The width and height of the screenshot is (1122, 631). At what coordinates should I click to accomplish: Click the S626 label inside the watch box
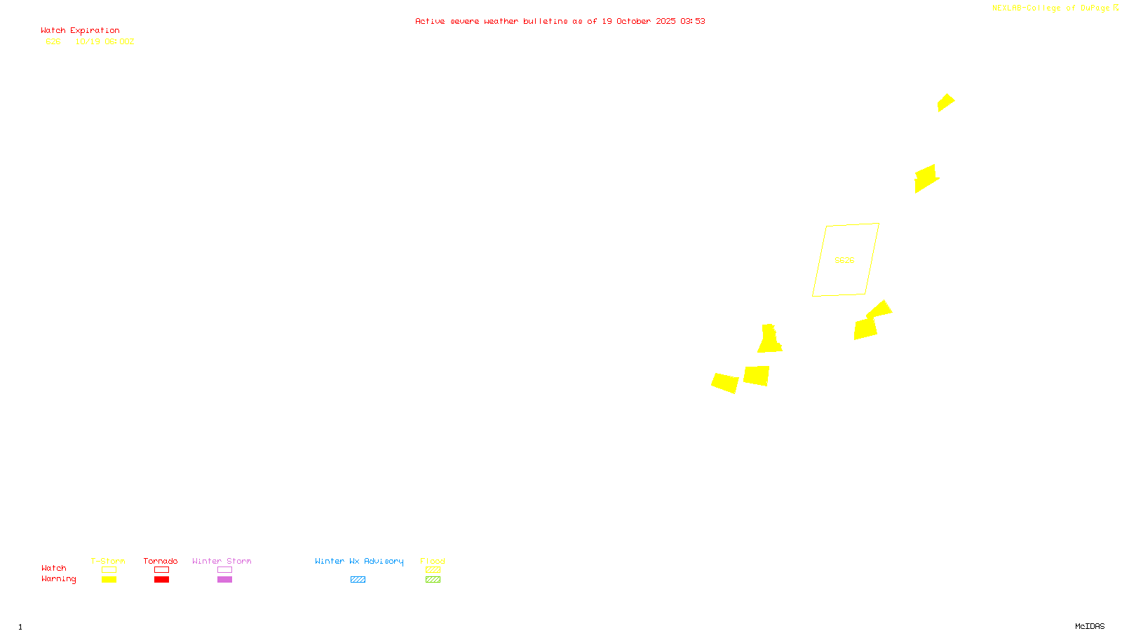pyautogui.click(x=844, y=260)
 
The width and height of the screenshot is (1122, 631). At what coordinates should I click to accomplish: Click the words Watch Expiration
pyautogui.click(x=80, y=31)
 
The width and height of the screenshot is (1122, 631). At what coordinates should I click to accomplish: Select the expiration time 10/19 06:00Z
pyautogui.click(x=104, y=41)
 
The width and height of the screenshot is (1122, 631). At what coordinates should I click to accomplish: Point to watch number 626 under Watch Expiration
pyautogui.click(x=53, y=41)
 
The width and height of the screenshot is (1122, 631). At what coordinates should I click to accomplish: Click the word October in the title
pyautogui.click(x=633, y=21)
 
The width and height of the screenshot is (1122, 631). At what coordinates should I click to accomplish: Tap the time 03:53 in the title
pyautogui.click(x=693, y=21)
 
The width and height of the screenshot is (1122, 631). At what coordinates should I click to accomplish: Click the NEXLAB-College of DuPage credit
pyautogui.click(x=1051, y=8)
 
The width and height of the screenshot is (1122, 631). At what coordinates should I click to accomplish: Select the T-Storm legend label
pyautogui.click(x=108, y=561)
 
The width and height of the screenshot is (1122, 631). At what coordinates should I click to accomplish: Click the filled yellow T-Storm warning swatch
pyautogui.click(x=109, y=580)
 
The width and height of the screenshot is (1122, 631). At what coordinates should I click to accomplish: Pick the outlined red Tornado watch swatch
pyautogui.click(x=161, y=570)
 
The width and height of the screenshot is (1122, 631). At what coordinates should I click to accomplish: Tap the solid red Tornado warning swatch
pyautogui.click(x=161, y=580)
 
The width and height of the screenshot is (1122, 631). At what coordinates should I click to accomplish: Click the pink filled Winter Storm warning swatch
pyautogui.click(x=224, y=580)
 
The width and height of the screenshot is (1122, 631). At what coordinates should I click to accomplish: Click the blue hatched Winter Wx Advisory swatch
pyautogui.click(x=358, y=580)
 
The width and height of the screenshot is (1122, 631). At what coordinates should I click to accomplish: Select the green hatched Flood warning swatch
pyautogui.click(x=433, y=580)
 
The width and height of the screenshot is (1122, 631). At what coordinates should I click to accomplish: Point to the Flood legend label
pyautogui.click(x=433, y=561)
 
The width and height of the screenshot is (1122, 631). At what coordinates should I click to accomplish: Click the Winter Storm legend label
pyautogui.click(x=222, y=561)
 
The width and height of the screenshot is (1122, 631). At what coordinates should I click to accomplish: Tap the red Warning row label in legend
pyautogui.click(x=58, y=579)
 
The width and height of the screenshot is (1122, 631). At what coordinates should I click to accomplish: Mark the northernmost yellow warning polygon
pyautogui.click(x=946, y=102)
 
